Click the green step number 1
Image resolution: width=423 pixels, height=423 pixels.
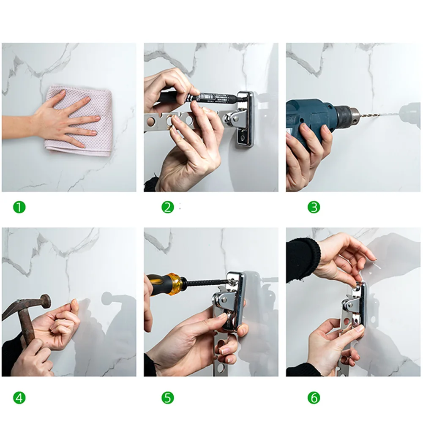point(19,207)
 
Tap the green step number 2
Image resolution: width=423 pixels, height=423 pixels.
point(167,207)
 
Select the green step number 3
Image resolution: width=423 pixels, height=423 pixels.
point(314,207)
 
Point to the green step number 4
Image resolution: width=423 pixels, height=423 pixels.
point(19,398)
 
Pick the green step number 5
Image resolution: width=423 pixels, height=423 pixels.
point(167,398)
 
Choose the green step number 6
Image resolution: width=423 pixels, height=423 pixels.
point(314,398)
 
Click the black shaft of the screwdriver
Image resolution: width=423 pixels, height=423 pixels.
point(205,282)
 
